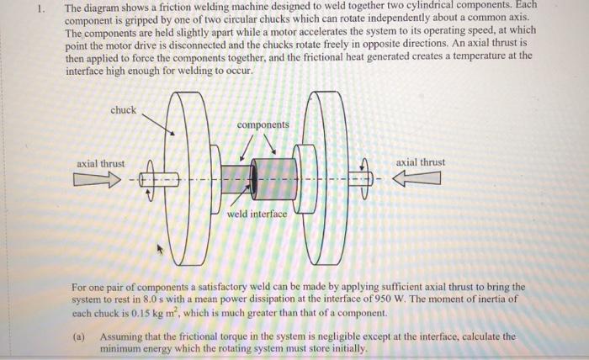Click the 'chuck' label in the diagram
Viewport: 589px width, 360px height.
pyautogui.click(x=123, y=111)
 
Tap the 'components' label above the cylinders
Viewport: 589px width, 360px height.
pyautogui.click(x=263, y=124)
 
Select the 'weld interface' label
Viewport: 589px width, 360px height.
pyautogui.click(x=257, y=214)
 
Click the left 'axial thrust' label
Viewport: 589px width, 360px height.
pyautogui.click(x=100, y=163)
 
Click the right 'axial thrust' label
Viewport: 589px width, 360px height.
pyautogui.click(x=420, y=162)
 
